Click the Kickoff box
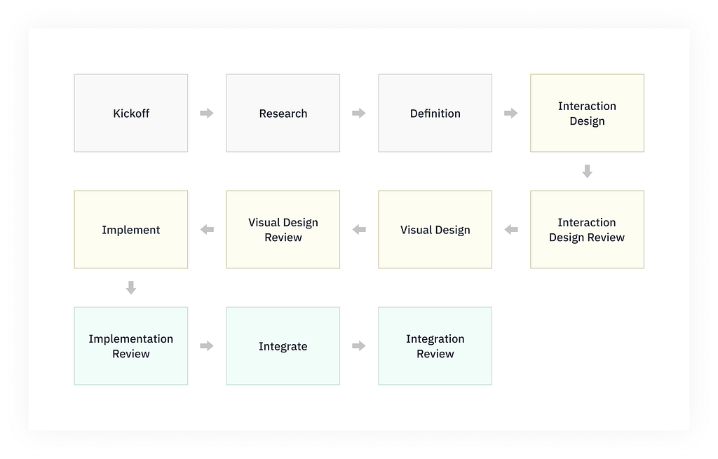point(131,114)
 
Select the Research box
point(283,114)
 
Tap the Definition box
point(435,114)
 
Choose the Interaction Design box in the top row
point(587,114)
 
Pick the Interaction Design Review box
point(587,230)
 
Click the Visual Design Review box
point(283,230)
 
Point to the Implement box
point(131,230)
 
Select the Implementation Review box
point(131,346)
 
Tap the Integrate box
point(283,346)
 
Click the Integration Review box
point(435,346)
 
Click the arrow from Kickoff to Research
point(207,114)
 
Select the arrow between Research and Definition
point(359,114)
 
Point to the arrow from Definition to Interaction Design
point(511,114)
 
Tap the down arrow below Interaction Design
point(588,171)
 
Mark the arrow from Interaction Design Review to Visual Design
point(511,230)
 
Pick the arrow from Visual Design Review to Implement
point(207,230)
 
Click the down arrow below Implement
point(131,287)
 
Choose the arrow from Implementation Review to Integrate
point(207,346)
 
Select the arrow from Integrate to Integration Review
point(359,346)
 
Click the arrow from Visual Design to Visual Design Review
point(359,230)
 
